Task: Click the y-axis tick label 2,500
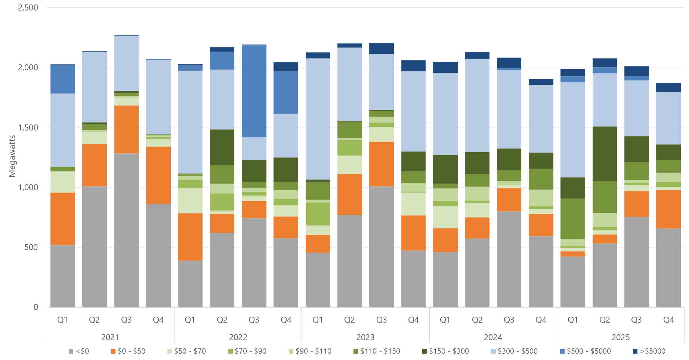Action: pyautogui.click(x=28, y=8)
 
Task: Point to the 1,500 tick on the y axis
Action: pyautogui.click(x=28, y=127)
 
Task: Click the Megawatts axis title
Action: pyautogui.click(x=12, y=156)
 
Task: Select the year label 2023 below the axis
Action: pyautogui.click(x=365, y=337)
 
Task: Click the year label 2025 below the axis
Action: pyautogui.click(x=620, y=337)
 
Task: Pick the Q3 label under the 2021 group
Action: pyautogui.click(x=126, y=320)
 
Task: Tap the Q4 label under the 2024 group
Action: pyautogui.click(x=541, y=320)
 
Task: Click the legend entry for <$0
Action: pyautogui.click(x=79, y=351)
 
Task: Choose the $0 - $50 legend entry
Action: pyautogui.click(x=128, y=351)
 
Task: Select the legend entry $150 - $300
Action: pyautogui.click(x=445, y=351)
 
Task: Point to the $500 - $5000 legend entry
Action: pyautogui.click(x=585, y=351)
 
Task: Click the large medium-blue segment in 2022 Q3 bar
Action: pyautogui.click(x=254, y=91)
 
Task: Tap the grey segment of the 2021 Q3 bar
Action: pyautogui.click(x=126, y=230)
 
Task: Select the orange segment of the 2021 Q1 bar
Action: pyautogui.click(x=63, y=219)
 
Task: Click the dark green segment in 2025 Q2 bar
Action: pyautogui.click(x=605, y=154)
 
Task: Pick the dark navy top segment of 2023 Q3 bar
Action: pyautogui.click(x=381, y=49)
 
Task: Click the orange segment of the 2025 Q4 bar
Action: pyautogui.click(x=668, y=209)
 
